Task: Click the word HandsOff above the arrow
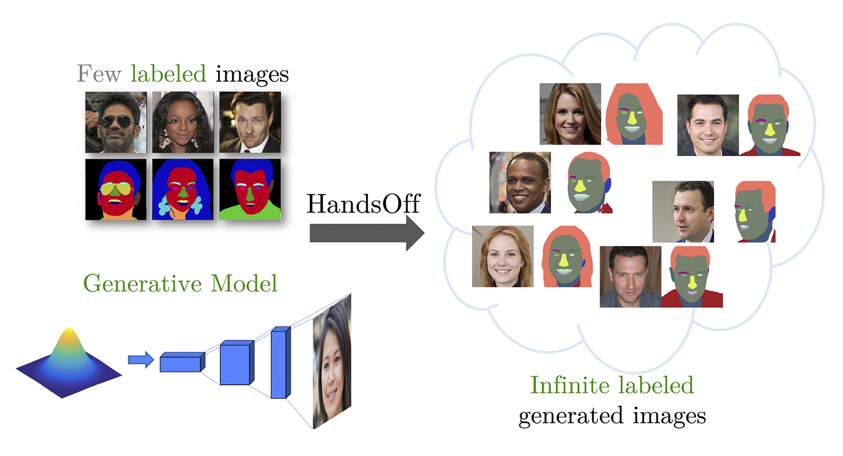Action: pos(363,204)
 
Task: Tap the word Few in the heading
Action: pos(99,74)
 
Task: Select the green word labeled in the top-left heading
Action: pos(168,74)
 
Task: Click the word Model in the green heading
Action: pos(244,284)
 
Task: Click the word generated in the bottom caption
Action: pos(571,416)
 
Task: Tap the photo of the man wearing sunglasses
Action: pos(116,123)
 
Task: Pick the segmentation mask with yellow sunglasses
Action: pos(116,190)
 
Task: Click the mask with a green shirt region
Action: pos(250,190)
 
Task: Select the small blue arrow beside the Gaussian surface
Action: pos(140,360)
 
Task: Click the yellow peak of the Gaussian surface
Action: pos(69,336)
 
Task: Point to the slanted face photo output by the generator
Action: pos(332,361)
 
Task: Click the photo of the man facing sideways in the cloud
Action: pos(683,211)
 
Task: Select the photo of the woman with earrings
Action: pos(183,123)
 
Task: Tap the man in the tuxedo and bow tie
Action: pos(250,123)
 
